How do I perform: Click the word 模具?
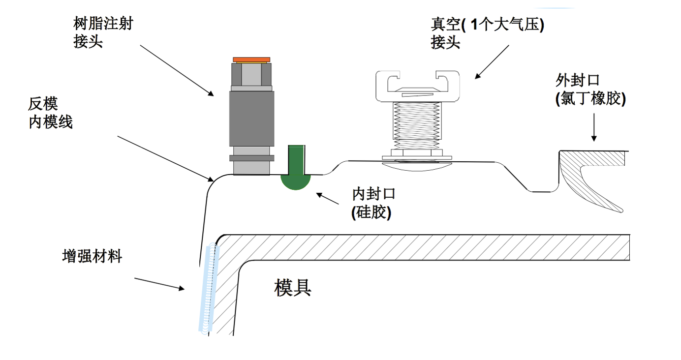pos(292,287)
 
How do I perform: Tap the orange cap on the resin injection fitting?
pos(251,60)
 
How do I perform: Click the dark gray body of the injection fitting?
pos(251,118)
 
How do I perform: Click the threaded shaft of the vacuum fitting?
pos(417,125)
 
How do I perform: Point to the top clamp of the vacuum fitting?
pos(417,84)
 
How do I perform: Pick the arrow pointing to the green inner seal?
pos(328,199)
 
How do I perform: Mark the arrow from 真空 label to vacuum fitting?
pos(493,61)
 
